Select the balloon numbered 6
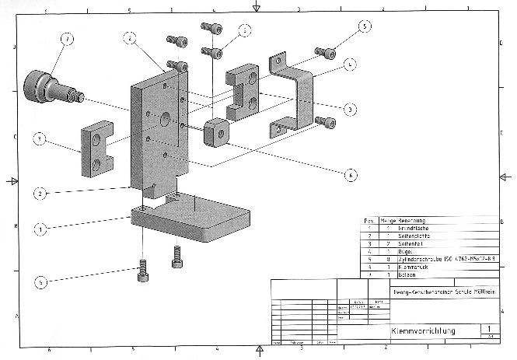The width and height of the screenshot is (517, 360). coord(351,175)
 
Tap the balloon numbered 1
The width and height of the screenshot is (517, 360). coord(40,229)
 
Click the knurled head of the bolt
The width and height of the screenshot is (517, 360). coord(37,82)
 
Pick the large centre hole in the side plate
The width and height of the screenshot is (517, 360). coord(165,120)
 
